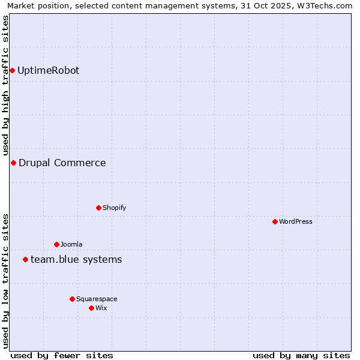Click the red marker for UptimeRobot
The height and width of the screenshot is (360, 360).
pyautogui.click(x=12, y=71)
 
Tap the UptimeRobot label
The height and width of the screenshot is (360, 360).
pyautogui.click(x=48, y=71)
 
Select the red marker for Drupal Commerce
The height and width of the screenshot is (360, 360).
pyautogui.click(x=13, y=163)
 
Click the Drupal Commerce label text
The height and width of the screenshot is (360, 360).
pyautogui.click(x=62, y=163)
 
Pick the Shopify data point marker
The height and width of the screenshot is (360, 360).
pyautogui.click(x=98, y=208)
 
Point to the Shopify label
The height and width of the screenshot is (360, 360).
pyautogui.click(x=114, y=208)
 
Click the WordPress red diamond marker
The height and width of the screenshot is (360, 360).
pyautogui.click(x=275, y=222)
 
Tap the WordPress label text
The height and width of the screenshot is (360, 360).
pyautogui.click(x=295, y=222)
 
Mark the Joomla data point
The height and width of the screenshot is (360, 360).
pyautogui.click(x=56, y=245)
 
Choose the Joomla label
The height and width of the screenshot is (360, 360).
pyautogui.click(x=71, y=245)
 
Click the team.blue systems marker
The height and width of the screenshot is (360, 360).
pyautogui.click(x=25, y=260)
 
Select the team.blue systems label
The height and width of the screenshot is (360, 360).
pyautogui.click(x=76, y=260)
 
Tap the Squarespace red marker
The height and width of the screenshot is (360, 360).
pyautogui.click(x=72, y=299)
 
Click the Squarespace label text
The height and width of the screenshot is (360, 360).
pyautogui.click(x=97, y=299)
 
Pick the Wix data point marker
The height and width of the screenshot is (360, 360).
pyautogui.click(x=91, y=308)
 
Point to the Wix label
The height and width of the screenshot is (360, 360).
pyautogui.click(x=101, y=308)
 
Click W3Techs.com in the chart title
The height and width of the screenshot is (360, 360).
pyautogui.click(x=327, y=6)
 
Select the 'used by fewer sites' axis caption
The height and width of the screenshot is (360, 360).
pyautogui.click(x=62, y=355)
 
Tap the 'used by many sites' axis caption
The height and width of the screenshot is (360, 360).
pyautogui.click(x=301, y=355)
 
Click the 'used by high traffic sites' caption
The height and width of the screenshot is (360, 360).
pyautogui.click(x=6, y=86)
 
